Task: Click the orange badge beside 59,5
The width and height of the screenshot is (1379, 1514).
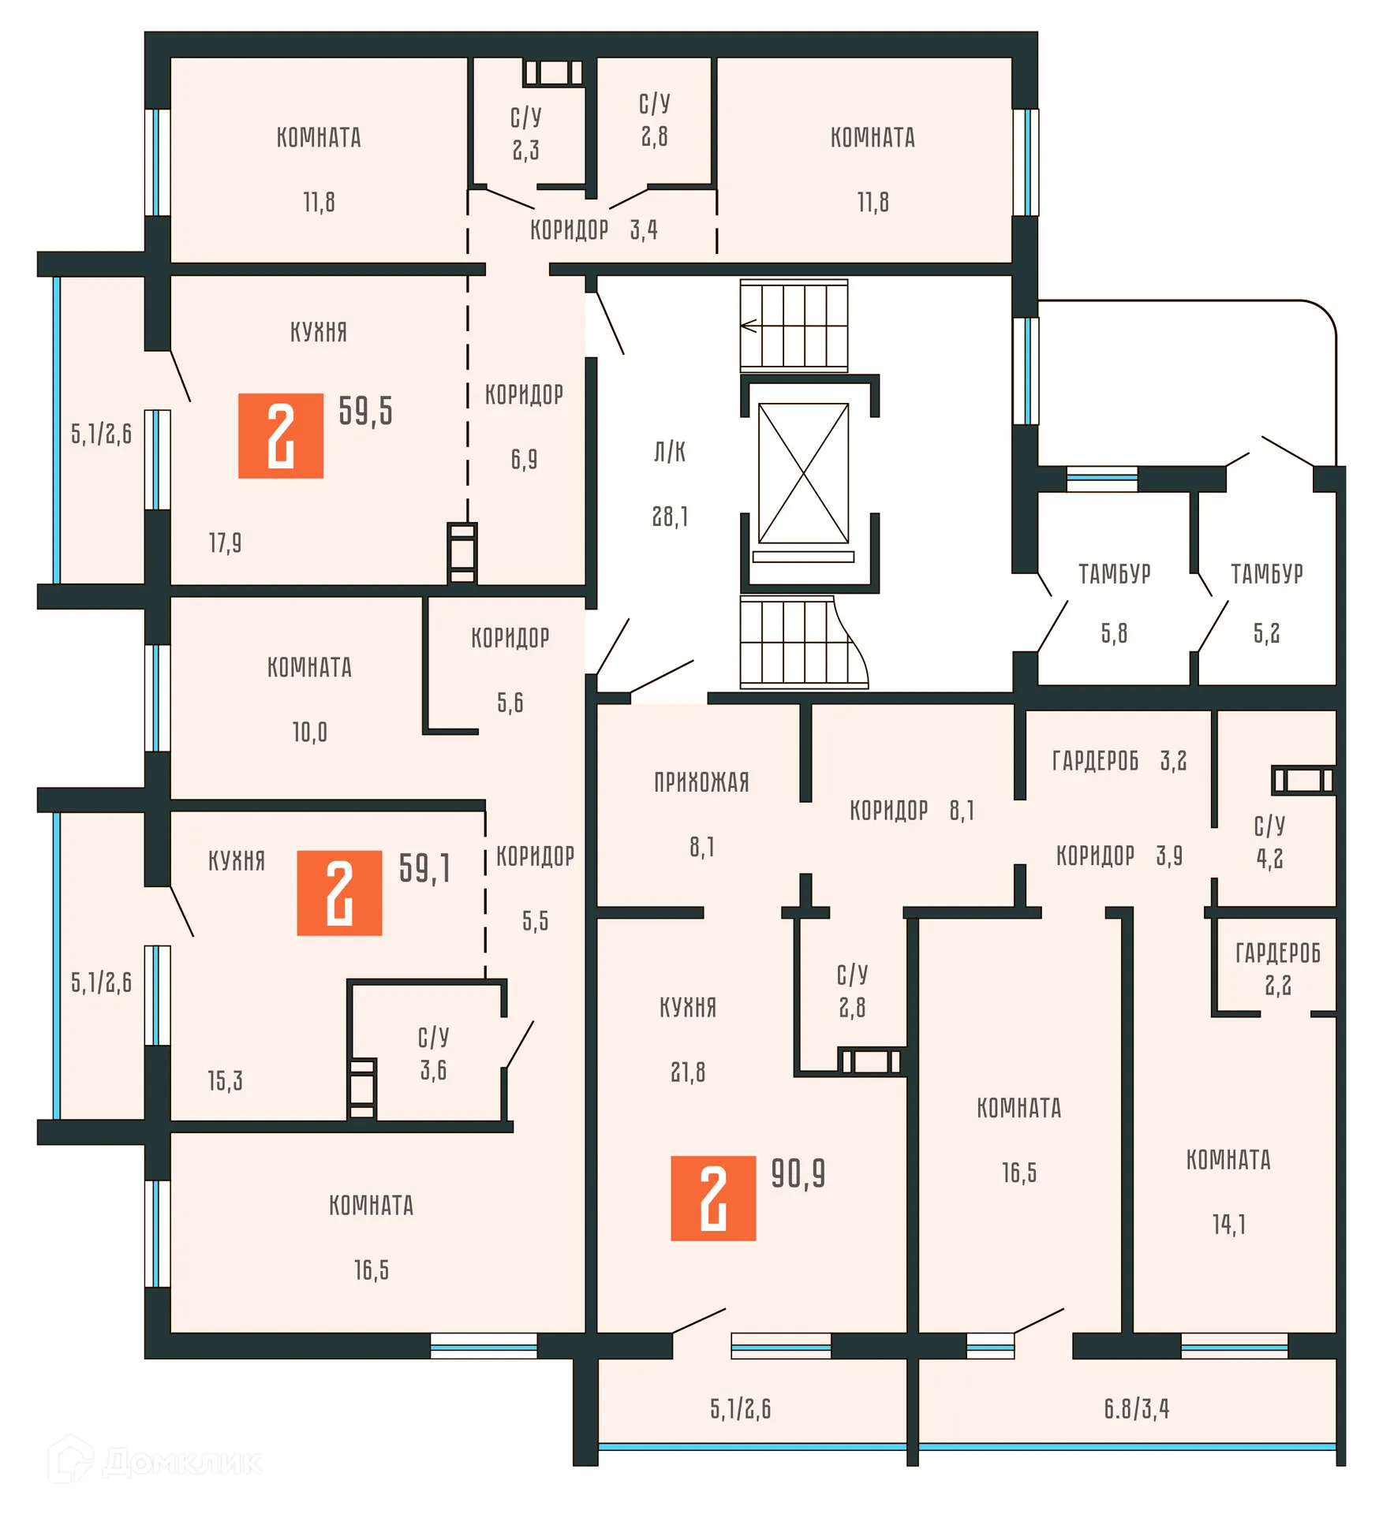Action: click(281, 435)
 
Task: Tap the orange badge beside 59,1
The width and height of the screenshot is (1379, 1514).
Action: click(339, 893)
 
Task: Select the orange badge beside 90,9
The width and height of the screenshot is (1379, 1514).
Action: click(713, 1198)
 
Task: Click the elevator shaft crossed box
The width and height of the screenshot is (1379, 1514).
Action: click(803, 473)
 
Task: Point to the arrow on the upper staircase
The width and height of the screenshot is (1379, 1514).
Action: click(748, 325)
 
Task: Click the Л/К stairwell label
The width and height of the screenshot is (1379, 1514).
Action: click(670, 453)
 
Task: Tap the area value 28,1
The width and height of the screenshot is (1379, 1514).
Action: click(670, 516)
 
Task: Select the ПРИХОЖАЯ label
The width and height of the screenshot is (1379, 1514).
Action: click(701, 782)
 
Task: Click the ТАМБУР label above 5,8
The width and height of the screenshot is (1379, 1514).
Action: click(1114, 574)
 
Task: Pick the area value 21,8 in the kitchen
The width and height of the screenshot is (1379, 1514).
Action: click(688, 1072)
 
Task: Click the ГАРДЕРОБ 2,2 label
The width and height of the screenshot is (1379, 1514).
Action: click(1278, 968)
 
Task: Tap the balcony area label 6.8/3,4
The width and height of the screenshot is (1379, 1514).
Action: click(1136, 1408)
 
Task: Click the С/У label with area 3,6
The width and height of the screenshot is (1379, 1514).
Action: click(433, 1053)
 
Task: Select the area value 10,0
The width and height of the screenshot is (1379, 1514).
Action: click(309, 733)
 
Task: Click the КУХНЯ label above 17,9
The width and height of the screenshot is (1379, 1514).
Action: click(319, 332)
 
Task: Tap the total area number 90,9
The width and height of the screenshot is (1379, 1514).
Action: click(798, 1174)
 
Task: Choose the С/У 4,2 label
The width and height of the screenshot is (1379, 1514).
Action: click(1269, 842)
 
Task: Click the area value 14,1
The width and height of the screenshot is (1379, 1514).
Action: click(1228, 1225)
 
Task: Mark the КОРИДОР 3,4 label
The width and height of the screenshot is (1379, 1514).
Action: click(593, 230)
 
